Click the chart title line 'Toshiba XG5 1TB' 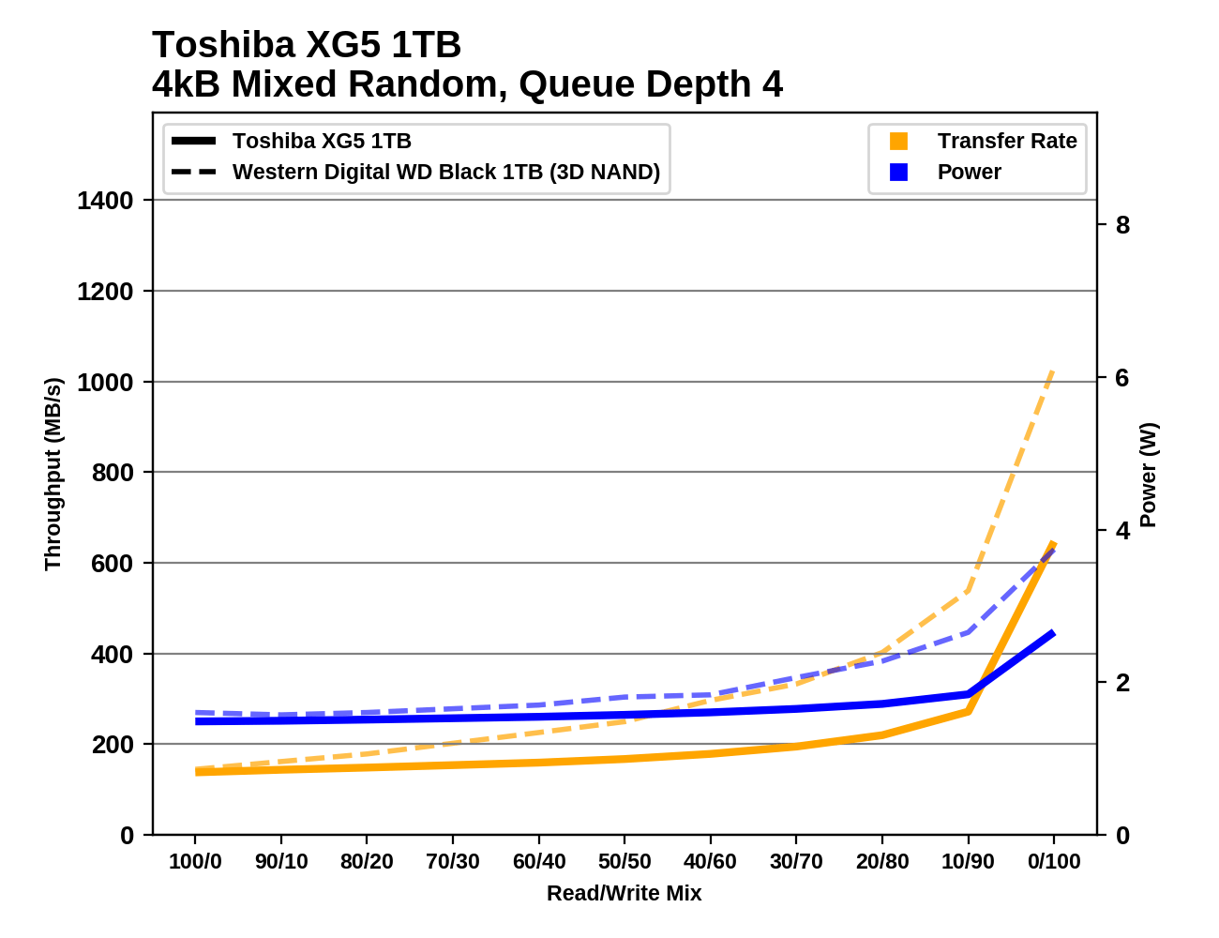[x=307, y=45]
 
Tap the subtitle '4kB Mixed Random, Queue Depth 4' [x=467, y=84]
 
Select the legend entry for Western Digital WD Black [x=445, y=172]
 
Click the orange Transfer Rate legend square [x=898, y=142]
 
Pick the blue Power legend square [x=898, y=173]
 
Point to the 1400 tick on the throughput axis [x=106, y=201]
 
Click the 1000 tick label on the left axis [x=106, y=382]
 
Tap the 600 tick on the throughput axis [x=112, y=563]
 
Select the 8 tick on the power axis [x=1122, y=225]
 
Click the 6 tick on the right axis [x=1122, y=378]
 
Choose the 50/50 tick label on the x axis [x=625, y=862]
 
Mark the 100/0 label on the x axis [x=195, y=862]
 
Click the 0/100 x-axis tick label [x=1054, y=862]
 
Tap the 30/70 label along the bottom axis [x=796, y=862]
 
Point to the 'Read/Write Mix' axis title [x=625, y=894]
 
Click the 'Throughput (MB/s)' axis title [x=53, y=474]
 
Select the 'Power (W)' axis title [x=1149, y=475]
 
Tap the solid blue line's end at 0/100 [x=1053, y=633]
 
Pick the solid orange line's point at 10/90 [x=968, y=711]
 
